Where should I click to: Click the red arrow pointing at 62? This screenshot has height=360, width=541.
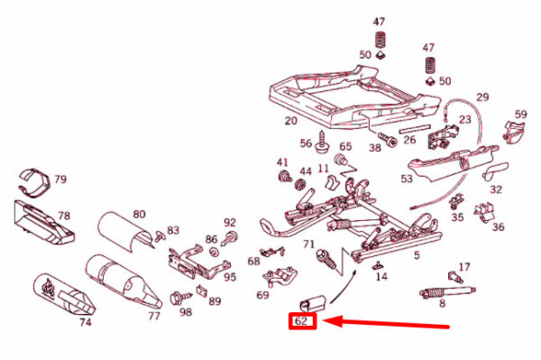pos(386,323)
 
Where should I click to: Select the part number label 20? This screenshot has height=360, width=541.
pos(291,121)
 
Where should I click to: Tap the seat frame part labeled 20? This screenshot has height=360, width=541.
pos(354,97)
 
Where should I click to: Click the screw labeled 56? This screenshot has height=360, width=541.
pos(323,143)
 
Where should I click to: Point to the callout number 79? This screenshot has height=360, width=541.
pos(60,180)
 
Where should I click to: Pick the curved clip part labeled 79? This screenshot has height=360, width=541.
pos(34,183)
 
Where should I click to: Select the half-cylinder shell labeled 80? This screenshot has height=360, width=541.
pos(124,232)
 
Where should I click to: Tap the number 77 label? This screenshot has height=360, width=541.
pos(154,316)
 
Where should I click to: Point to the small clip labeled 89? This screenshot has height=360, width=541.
pos(202,291)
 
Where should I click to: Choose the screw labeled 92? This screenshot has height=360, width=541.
pos(229,238)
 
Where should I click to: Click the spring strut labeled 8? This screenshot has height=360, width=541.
pos(447,291)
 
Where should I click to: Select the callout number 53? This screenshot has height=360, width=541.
pos(408,179)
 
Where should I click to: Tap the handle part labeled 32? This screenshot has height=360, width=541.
pos(494,171)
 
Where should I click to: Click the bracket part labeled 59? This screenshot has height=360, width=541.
pos(515,131)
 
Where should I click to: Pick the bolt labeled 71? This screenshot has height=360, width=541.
pos(326,260)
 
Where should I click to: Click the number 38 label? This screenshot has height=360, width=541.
pos(375,148)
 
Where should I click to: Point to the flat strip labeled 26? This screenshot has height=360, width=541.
pos(415,129)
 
